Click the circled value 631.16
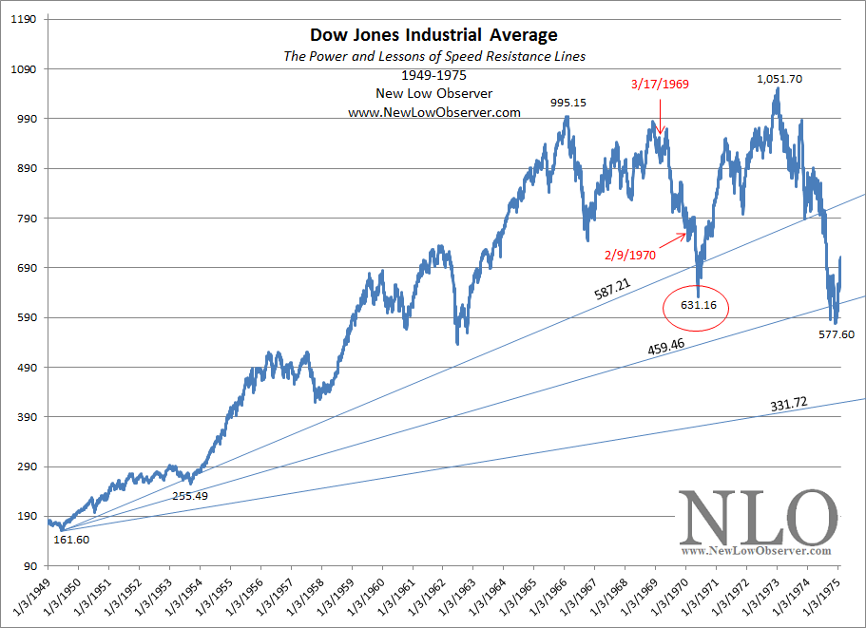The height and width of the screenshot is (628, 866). tap(695, 306)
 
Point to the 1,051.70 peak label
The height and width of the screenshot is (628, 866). tap(779, 79)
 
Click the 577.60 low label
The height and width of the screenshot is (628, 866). tap(836, 334)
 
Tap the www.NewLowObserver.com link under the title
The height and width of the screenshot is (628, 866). tap(434, 112)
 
